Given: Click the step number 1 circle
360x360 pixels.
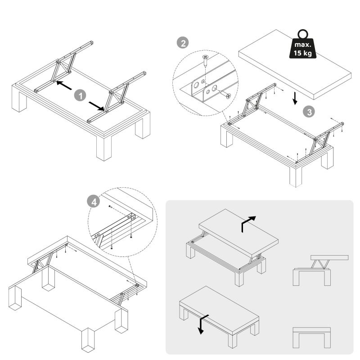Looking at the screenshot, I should coord(80,95).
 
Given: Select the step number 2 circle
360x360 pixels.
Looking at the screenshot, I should coord(182,43).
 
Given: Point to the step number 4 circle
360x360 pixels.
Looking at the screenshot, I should coord(94,202).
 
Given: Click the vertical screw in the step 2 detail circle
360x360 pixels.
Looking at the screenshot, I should coord(205,60).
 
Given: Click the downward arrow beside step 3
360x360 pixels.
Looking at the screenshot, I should coord(294,98).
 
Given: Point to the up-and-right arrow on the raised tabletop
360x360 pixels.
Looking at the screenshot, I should coord(248,223).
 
